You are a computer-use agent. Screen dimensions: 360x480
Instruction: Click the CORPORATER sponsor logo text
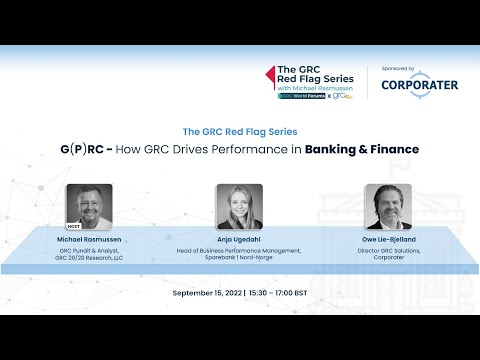420,85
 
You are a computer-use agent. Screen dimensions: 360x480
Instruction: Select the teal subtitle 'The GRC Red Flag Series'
240,131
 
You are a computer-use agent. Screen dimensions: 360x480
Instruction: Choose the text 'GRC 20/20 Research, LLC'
89,258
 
